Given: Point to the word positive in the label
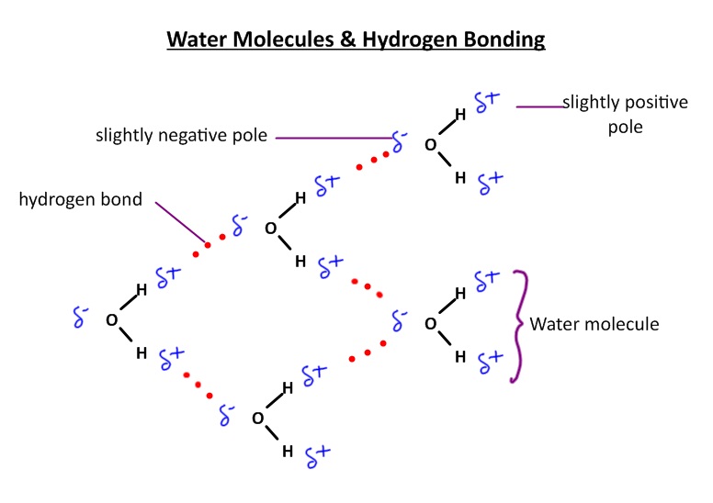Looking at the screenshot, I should [655, 102].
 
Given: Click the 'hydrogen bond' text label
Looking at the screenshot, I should [81, 198].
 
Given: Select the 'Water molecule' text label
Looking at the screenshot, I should [594, 324].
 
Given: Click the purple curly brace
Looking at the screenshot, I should [520, 325].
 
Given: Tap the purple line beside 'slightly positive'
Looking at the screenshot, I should [540, 107].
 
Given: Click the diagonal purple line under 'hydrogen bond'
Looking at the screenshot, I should [180, 223].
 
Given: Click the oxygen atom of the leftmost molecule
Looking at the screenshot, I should [111, 320].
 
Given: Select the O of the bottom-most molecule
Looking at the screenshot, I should [258, 419].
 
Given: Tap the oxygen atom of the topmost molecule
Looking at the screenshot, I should [430, 145].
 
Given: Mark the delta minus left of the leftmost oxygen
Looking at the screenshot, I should [81, 317].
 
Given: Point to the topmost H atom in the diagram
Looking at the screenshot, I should [460, 115].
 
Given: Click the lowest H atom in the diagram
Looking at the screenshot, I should [288, 451].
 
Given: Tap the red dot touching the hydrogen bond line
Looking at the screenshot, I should [208, 244].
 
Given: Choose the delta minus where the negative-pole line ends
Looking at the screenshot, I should [399, 140].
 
